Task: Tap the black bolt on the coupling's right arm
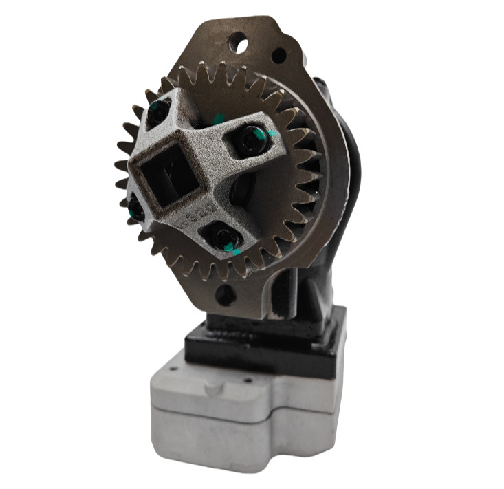tap(252, 140)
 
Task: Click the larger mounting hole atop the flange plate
tap(238, 45)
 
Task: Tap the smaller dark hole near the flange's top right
tap(278, 55)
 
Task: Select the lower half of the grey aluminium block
tap(241, 440)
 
